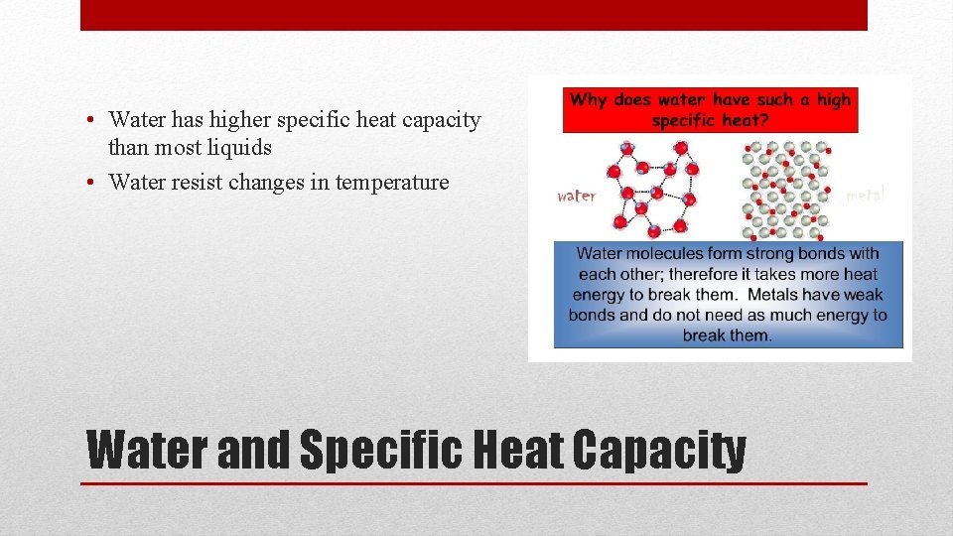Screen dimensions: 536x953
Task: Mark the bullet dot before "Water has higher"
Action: [90, 121]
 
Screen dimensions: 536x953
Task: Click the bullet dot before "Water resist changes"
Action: [90, 183]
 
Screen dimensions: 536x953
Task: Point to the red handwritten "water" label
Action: [577, 196]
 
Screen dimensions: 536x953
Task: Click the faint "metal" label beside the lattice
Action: [864, 196]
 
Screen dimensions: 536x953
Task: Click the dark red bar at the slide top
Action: [474, 15]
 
